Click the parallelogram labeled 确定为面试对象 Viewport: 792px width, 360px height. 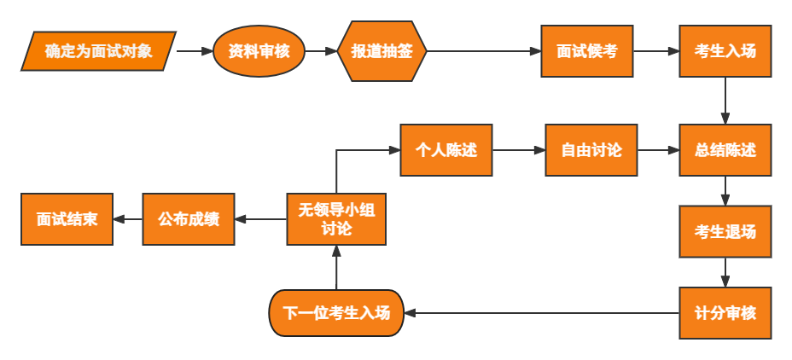(99, 51)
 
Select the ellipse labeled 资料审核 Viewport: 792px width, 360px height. (259, 51)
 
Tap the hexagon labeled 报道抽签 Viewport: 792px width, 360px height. (381, 51)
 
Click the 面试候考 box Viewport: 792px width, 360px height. (587, 51)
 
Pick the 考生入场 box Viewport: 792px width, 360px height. (725, 51)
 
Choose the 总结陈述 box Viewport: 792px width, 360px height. (725, 150)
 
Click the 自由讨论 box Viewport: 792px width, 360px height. (591, 150)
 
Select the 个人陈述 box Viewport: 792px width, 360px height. (446, 150)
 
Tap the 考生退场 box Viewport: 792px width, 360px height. (725, 231)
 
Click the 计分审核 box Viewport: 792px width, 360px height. (725, 313)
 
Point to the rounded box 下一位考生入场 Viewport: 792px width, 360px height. (337, 313)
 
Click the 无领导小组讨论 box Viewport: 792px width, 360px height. (336, 219)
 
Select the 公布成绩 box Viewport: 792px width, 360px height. (189, 219)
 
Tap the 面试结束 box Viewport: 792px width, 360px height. (67, 219)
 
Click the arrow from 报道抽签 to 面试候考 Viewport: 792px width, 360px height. (483, 51)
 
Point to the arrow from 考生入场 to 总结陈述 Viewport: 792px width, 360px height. (725, 101)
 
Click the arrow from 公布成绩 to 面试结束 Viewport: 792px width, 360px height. (128, 219)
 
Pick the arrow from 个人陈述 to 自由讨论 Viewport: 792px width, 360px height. (519, 150)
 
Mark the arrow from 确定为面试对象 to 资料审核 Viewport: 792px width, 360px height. (195, 51)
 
